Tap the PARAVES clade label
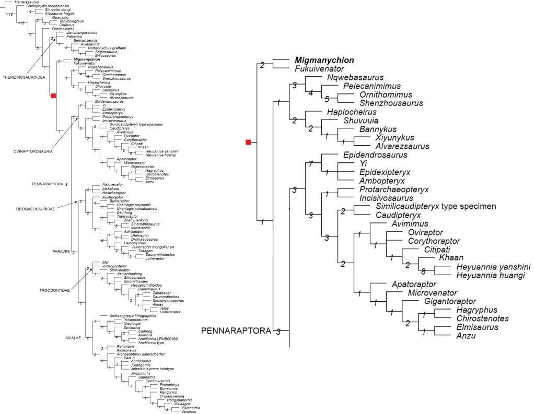(x=62, y=252)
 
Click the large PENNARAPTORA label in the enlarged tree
(x=237, y=330)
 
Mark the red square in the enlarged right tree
(x=249, y=142)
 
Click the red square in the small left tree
(x=53, y=96)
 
